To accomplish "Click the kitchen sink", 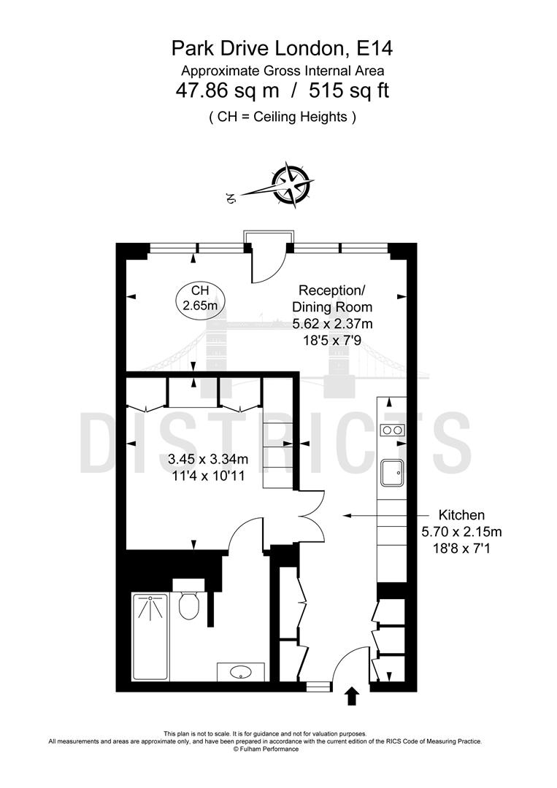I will [392, 473].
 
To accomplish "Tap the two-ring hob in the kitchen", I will [392, 430].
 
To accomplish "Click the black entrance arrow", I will [351, 695].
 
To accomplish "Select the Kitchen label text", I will [461, 514].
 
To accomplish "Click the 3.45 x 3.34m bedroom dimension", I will [208, 459].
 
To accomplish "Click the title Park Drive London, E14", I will [281, 49].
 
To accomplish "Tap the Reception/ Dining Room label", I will [332, 298].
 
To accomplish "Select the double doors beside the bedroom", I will [310, 516].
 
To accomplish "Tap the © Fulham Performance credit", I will [265, 749].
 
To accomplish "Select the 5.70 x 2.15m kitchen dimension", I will [461, 531].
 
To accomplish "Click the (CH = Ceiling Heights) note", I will [282, 116].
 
